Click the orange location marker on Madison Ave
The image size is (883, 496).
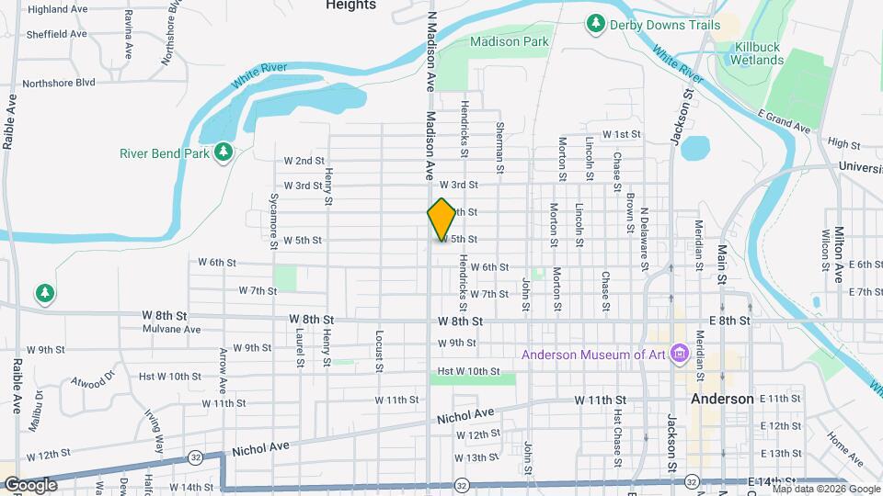pos(441,220)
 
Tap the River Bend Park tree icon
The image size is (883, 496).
pos(223,152)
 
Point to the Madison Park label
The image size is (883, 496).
pos(509,41)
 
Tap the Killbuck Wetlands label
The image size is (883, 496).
pos(757,52)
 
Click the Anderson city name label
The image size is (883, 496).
pos(722,400)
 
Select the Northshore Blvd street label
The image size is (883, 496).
pos(60,82)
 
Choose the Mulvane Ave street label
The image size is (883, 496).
pos(171,329)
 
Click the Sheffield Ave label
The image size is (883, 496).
pos(57,34)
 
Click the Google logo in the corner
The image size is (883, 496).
pos(30,485)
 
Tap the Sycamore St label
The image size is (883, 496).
pos(273,221)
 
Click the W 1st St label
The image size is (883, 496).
pos(622,134)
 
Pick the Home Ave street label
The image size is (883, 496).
pos(844,448)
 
